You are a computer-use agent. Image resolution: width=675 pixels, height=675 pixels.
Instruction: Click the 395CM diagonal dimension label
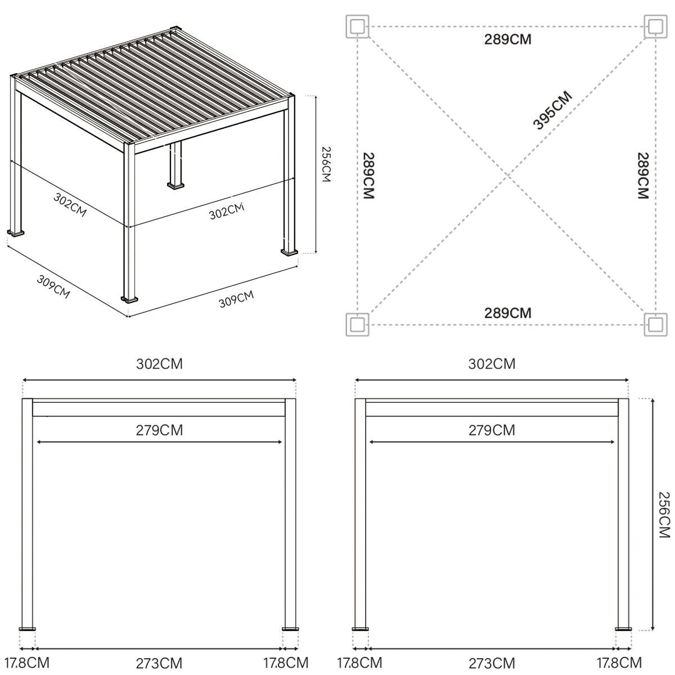[x=552, y=110]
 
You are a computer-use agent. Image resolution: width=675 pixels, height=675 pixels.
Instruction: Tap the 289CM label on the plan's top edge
[x=507, y=39]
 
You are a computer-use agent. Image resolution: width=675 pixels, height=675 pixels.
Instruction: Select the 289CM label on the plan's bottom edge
[x=507, y=313]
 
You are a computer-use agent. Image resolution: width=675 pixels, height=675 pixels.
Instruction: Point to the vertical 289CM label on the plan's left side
[x=369, y=175]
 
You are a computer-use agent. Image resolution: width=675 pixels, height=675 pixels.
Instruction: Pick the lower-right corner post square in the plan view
[x=655, y=325]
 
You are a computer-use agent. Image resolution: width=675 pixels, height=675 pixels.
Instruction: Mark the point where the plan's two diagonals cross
[x=507, y=175]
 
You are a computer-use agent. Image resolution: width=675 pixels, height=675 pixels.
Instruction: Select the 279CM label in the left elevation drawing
[x=159, y=430]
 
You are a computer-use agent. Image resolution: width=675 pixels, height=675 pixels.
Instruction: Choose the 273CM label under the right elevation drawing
[x=492, y=663]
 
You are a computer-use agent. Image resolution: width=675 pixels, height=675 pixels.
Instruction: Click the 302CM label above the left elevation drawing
[x=159, y=364]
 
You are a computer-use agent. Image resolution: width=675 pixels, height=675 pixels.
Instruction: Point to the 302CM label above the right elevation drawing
[x=492, y=364]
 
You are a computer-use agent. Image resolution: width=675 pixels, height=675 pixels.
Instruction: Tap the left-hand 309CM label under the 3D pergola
[x=53, y=286]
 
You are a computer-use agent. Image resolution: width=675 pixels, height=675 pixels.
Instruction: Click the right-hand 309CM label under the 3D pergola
[x=236, y=299]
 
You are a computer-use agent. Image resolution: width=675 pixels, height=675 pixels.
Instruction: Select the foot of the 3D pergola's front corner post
[x=129, y=299]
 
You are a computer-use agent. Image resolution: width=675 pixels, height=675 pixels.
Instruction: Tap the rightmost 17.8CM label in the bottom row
[x=619, y=663]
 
